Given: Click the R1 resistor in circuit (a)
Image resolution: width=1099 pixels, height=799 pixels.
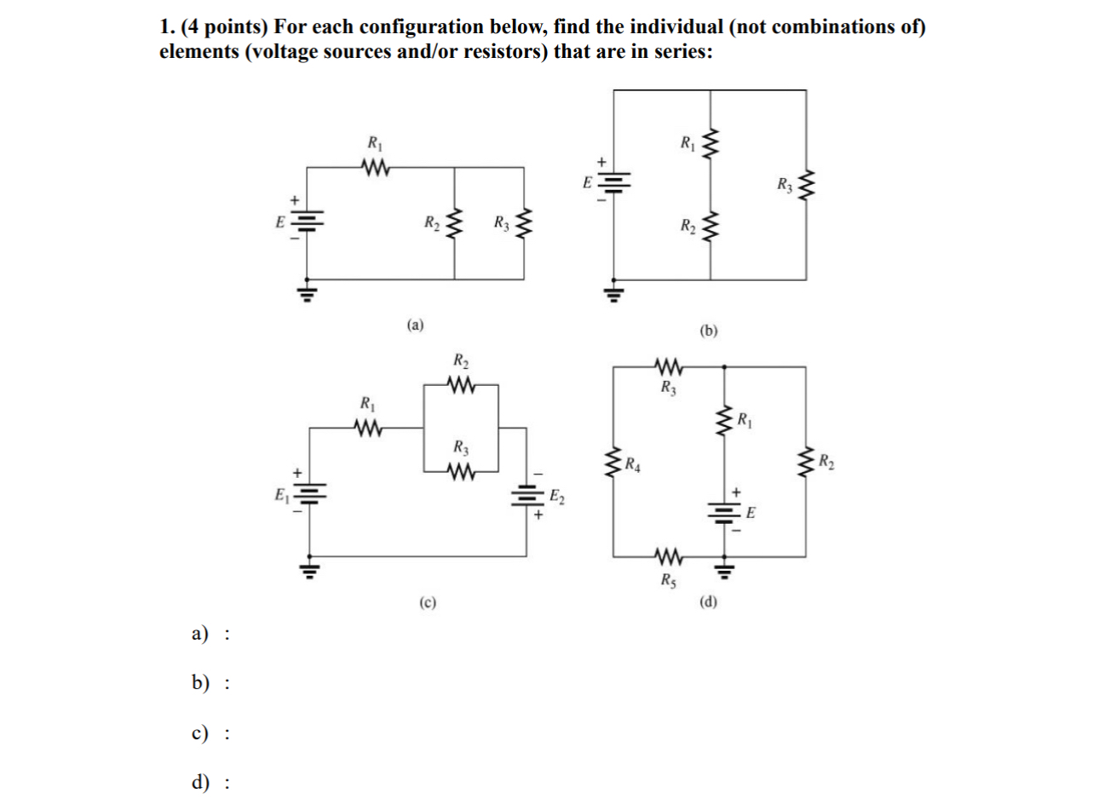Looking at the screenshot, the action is (374, 167).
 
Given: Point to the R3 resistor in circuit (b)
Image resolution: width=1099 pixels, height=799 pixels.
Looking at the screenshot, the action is (806, 185).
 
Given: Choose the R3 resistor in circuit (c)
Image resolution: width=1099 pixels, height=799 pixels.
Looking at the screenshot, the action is (460, 471).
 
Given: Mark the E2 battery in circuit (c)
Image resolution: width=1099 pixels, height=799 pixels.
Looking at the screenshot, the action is (526, 495).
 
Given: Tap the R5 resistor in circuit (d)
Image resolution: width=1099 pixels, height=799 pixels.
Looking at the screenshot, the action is (669, 558).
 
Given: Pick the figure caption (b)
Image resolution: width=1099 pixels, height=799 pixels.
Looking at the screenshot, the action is (709, 331).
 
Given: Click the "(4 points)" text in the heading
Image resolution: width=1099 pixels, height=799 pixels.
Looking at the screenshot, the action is (222, 27).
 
